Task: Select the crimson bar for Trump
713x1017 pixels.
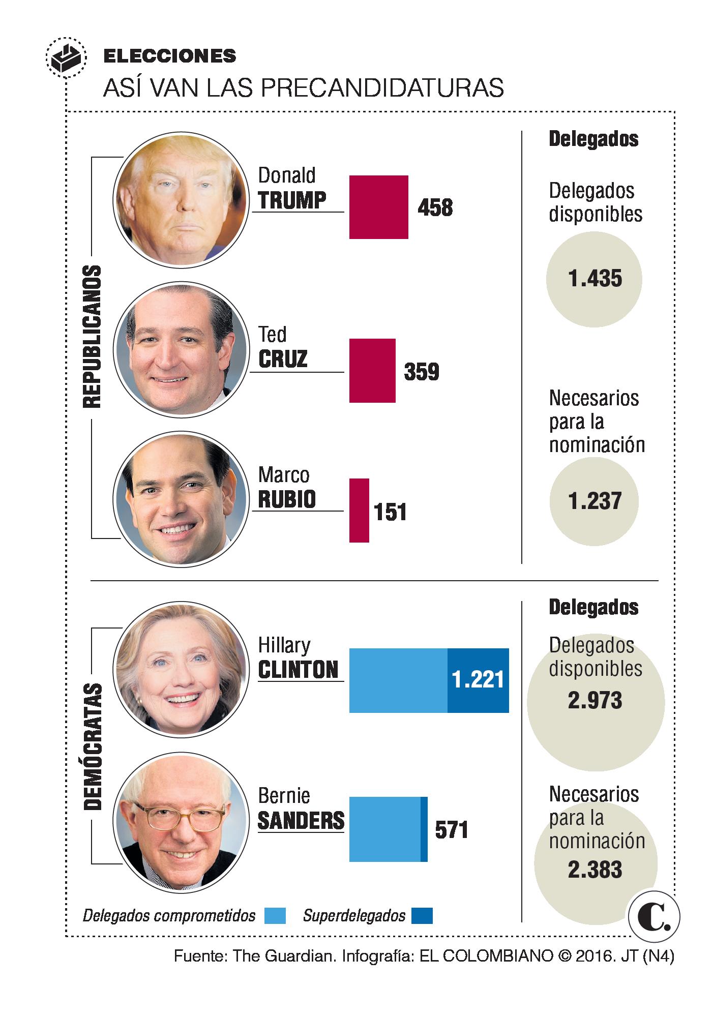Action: (378, 207)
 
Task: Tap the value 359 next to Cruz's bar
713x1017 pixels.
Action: (421, 372)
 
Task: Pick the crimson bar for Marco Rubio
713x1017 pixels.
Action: (359, 510)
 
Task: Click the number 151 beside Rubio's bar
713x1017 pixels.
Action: (390, 512)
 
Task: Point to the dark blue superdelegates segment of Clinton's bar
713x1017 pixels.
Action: (478, 680)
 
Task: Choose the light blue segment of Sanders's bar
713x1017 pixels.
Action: (385, 829)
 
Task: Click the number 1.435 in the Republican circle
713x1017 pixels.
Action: (595, 279)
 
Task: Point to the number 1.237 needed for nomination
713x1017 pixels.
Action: (595, 501)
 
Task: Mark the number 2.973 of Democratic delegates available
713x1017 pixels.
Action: (595, 701)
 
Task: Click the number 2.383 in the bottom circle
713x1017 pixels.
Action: (595, 870)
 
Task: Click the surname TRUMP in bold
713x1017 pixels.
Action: (292, 200)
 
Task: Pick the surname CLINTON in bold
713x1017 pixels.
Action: (298, 670)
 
